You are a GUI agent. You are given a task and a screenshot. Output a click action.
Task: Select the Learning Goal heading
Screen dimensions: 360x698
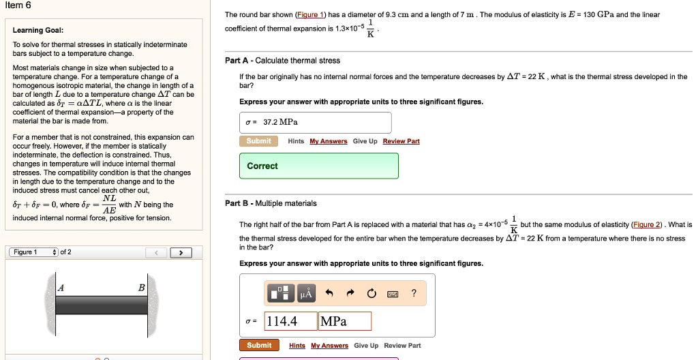[x=38, y=30]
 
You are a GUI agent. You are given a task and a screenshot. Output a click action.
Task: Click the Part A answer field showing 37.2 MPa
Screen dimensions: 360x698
[x=315, y=123]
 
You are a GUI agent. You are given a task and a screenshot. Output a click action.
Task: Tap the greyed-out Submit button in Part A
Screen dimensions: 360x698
[x=258, y=141]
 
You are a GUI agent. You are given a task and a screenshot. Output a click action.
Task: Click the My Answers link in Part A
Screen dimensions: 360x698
[x=328, y=141]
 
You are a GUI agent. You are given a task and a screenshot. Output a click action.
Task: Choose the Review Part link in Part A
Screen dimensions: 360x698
[x=401, y=141]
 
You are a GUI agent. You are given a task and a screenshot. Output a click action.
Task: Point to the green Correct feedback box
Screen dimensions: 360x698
[x=318, y=166]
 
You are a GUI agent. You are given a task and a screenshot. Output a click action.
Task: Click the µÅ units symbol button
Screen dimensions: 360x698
[x=305, y=294]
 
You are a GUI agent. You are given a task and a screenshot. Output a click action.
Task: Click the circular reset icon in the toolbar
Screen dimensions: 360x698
[x=371, y=294]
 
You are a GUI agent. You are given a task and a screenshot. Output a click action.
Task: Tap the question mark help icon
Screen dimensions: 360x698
[x=414, y=294]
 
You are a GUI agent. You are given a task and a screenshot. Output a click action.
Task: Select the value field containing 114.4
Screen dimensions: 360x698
[x=290, y=321]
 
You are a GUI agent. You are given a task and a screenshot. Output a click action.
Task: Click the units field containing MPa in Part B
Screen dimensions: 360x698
[x=344, y=321]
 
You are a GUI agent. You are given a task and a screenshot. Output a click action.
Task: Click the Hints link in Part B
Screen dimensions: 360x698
[x=297, y=346]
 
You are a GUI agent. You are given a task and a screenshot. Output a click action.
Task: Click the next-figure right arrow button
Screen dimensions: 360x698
[x=181, y=253]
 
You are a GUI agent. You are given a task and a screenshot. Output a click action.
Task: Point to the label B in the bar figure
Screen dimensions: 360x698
[x=142, y=288]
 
